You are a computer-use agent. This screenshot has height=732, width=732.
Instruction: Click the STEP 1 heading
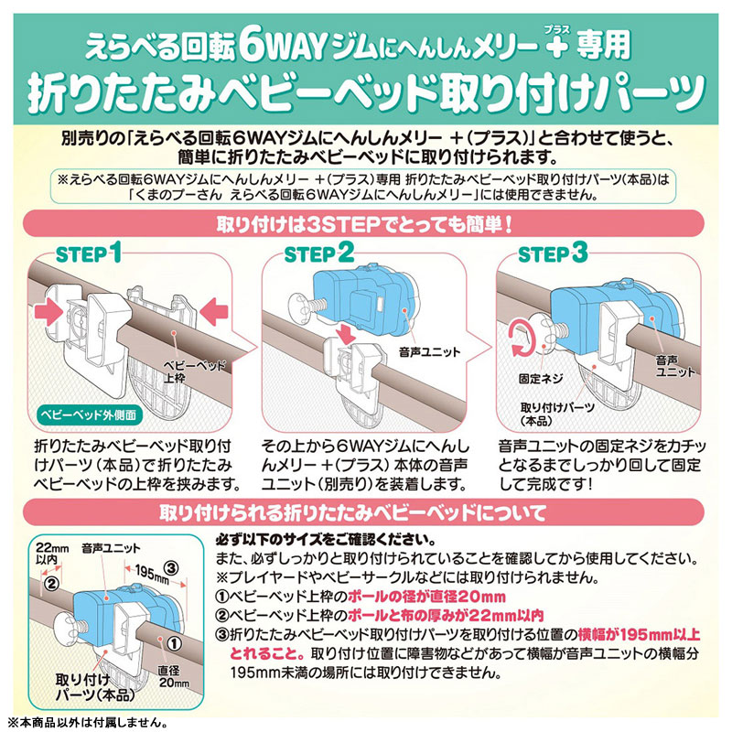coord(88,253)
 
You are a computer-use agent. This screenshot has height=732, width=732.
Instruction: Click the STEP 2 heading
coord(319,253)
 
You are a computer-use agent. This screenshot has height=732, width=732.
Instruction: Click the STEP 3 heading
coord(553,253)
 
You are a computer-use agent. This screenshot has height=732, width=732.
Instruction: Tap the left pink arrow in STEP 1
coord(48,311)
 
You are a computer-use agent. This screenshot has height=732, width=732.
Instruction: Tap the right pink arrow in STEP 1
coord(213,311)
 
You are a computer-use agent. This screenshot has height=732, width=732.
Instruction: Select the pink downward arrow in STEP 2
coord(348,334)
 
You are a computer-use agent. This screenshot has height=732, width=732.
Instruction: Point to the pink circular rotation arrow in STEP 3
coord(522,338)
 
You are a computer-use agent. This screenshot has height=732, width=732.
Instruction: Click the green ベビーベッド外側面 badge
coord(89,414)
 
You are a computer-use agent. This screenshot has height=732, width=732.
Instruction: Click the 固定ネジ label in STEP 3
coord(541,379)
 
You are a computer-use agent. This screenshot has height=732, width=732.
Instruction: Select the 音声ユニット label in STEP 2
coord(429,352)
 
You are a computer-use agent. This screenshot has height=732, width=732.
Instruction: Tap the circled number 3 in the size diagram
coord(171,567)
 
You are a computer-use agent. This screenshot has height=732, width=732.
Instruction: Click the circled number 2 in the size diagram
coord(52,583)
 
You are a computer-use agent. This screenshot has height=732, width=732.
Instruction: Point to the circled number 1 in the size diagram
coord(174,644)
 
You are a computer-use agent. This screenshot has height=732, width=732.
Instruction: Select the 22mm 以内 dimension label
coord(52,553)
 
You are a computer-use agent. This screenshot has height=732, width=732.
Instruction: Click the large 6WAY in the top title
coord(284,47)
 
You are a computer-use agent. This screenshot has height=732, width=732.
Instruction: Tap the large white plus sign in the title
coord(555,47)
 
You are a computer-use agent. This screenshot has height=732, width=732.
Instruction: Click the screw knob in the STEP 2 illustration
coord(304,306)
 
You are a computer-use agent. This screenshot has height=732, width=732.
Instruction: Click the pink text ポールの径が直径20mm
coord(426,597)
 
